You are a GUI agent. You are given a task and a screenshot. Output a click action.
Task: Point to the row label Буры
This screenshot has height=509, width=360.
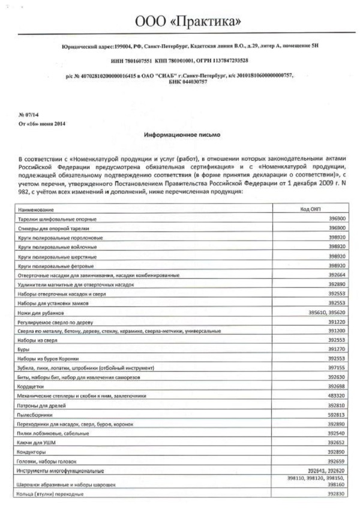(25, 349)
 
